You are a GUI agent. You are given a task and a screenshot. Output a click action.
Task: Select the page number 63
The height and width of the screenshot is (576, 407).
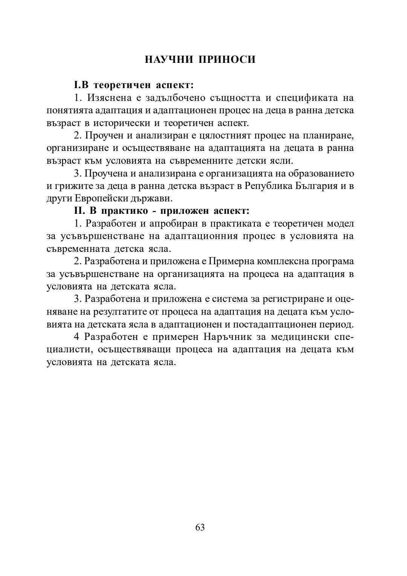point(200,527)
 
